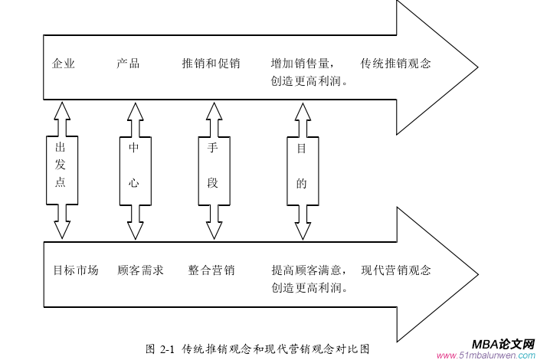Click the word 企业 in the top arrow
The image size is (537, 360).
[64, 64]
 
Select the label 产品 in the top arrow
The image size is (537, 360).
[128, 64]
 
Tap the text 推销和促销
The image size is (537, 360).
[211, 64]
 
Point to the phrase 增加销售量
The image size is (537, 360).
[303, 64]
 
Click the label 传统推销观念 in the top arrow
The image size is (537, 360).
[395, 64]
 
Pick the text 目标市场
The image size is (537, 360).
[76, 270]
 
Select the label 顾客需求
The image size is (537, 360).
[140, 270]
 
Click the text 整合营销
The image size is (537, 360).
[211, 270]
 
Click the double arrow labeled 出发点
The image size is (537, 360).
[61, 170]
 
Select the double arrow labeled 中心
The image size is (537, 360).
[135, 170]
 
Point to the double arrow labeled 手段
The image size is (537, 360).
[213, 170]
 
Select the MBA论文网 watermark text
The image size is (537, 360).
[498, 344]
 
